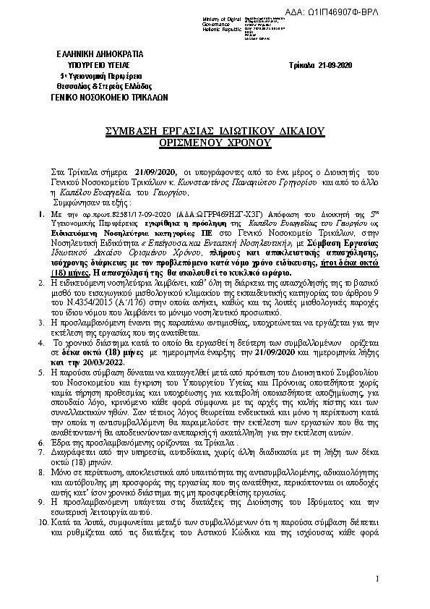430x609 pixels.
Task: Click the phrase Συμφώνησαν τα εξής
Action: pyautogui.click(x=72, y=205)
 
